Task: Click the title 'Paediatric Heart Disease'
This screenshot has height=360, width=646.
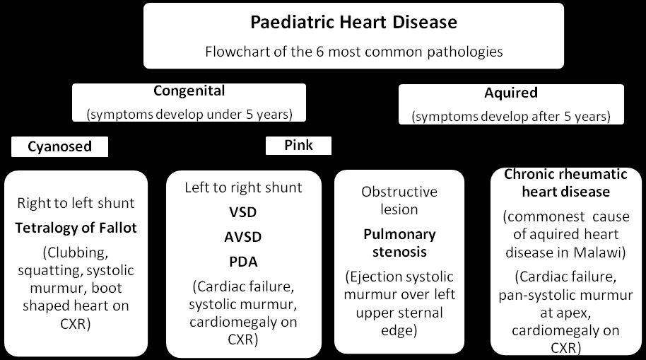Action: (x=353, y=22)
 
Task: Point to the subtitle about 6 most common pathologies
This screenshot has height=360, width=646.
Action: (x=354, y=52)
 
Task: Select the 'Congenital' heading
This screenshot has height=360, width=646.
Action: (x=189, y=91)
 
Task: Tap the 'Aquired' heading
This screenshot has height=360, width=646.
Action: (x=511, y=93)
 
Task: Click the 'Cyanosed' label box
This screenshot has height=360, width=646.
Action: (x=60, y=146)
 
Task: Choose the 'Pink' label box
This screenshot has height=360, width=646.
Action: (x=298, y=145)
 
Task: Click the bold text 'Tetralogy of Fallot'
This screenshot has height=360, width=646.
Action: (x=76, y=228)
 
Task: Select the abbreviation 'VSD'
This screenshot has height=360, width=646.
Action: (x=243, y=212)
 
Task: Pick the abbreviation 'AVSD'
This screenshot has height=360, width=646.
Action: (x=243, y=237)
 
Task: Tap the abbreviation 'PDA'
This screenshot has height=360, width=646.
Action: (x=243, y=262)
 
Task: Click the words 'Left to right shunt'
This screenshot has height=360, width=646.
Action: (x=243, y=187)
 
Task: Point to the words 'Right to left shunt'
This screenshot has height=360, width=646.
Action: (x=76, y=203)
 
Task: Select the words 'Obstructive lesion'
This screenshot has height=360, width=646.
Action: (x=399, y=200)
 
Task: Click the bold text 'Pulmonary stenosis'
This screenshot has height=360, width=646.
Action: (x=399, y=243)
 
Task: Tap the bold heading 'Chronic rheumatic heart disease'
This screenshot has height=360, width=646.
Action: (x=565, y=182)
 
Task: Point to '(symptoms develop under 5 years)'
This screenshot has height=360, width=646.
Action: (x=189, y=115)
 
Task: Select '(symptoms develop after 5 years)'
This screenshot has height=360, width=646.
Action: (x=511, y=116)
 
